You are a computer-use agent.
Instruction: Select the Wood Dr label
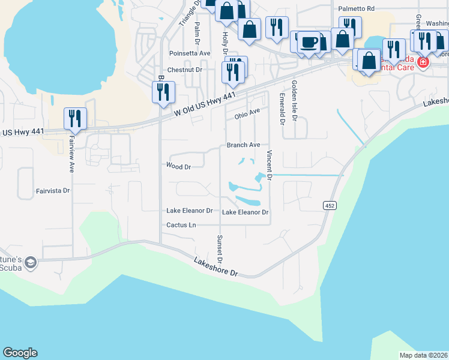(178, 166)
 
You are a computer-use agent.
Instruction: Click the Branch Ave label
(243, 145)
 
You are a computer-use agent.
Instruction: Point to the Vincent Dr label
(270, 166)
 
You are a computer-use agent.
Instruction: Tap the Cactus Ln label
(181, 225)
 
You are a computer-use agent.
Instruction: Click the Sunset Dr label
(220, 250)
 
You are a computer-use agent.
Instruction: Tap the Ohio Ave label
(246, 113)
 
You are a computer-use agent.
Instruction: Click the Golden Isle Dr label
(294, 101)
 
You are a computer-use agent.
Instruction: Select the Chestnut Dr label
(185, 70)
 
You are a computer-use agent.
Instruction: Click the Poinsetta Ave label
(190, 53)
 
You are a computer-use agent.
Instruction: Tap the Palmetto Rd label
(356, 9)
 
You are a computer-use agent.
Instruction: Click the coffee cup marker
(309, 42)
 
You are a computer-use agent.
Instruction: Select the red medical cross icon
(423, 62)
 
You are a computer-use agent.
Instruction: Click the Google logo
(20, 353)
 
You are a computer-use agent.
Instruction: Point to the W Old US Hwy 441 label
(205, 104)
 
